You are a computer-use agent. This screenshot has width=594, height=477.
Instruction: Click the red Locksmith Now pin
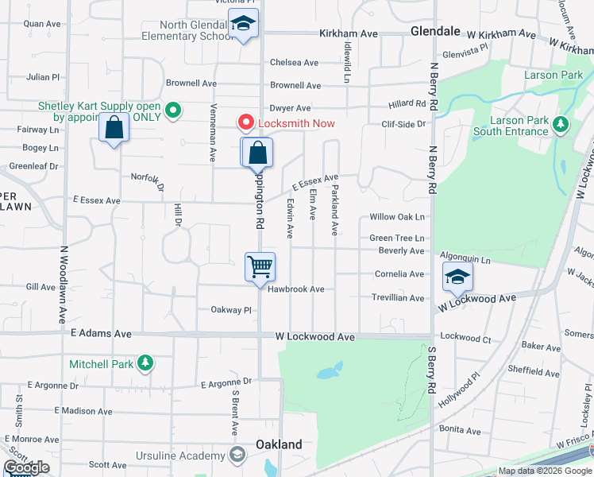point(245,122)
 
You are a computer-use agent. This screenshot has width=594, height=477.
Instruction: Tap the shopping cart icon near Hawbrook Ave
point(260,267)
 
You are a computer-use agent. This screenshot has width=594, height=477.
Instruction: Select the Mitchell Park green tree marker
point(145,363)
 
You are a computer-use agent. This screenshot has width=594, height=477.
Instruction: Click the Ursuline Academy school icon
point(236,456)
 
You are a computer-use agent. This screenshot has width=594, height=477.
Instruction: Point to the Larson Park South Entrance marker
point(561,124)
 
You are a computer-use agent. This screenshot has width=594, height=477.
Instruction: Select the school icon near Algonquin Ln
point(457,277)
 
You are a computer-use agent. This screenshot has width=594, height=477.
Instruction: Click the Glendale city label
point(435,31)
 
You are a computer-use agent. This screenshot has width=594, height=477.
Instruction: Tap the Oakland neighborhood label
point(278,444)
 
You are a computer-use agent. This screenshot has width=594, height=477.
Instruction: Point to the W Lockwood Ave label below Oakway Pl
point(314,337)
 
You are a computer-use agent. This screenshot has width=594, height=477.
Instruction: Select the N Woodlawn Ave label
point(62,283)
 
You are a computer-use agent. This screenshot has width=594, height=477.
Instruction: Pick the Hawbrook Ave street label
point(295,289)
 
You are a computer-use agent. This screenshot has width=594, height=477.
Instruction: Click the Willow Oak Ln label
point(397,217)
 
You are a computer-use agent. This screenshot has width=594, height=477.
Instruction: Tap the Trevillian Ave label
point(399,298)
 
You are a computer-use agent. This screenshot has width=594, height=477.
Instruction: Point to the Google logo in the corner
point(26,467)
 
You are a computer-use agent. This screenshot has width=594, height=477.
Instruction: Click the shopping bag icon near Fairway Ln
point(114,128)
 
